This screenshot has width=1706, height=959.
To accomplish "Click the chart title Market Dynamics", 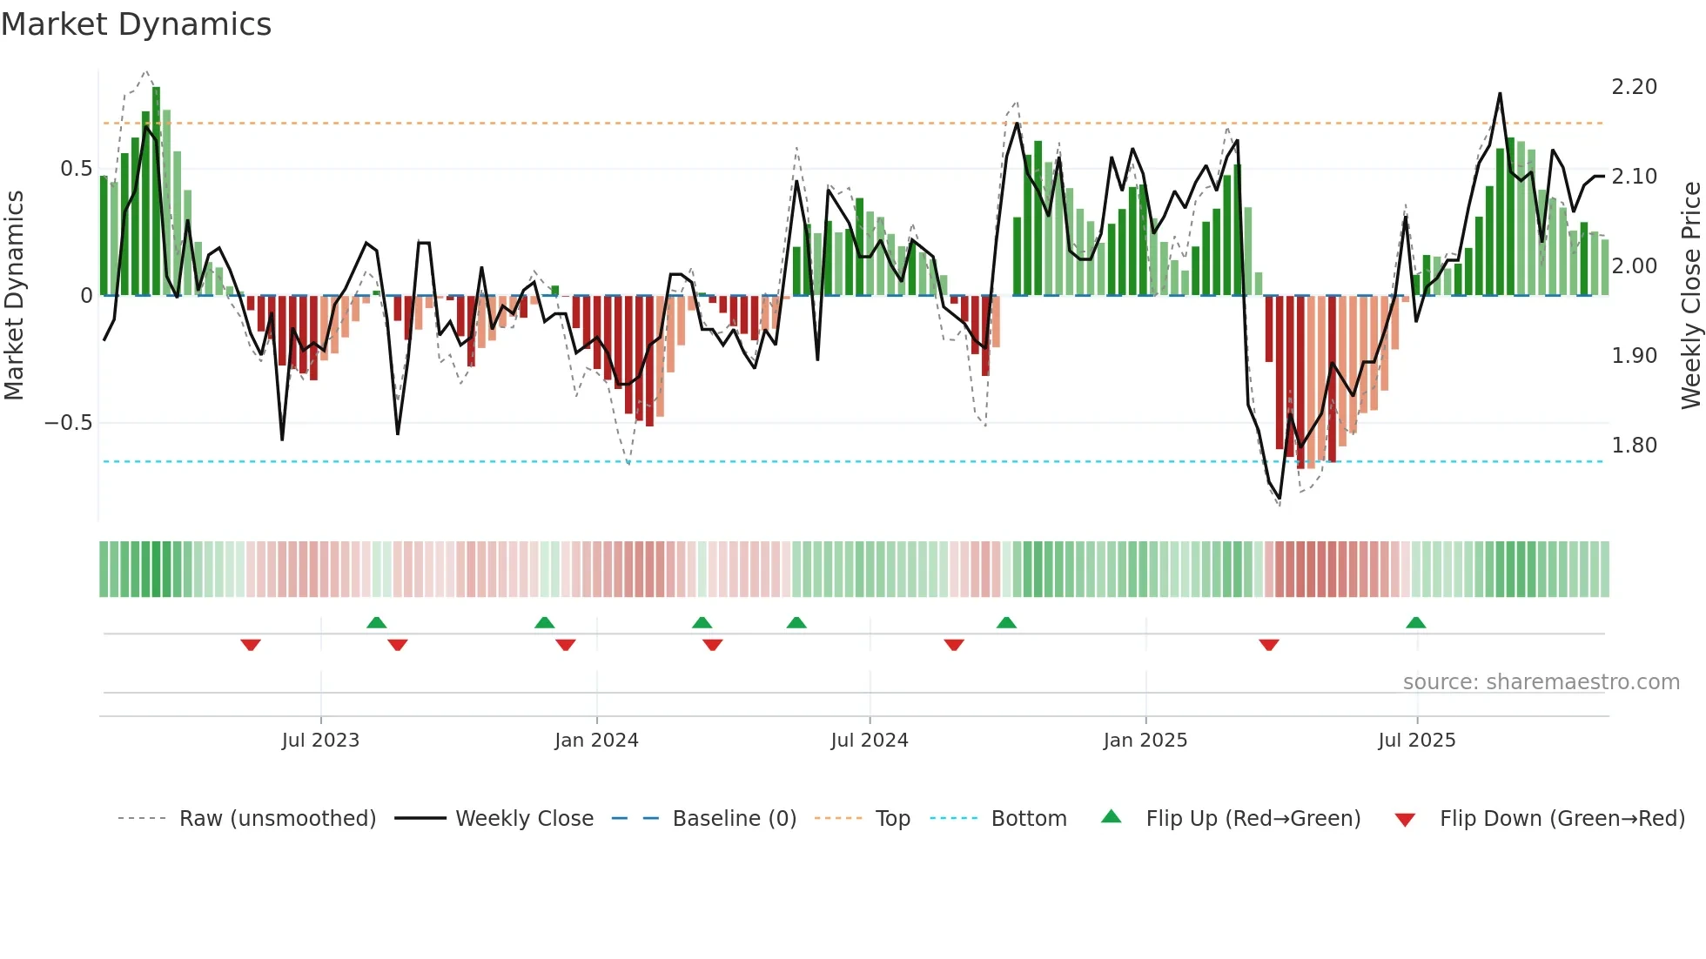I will pyautogui.click(x=136, y=24).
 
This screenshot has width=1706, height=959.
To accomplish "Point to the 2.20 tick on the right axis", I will pyautogui.click(x=1634, y=87).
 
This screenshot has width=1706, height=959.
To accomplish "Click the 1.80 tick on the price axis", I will pyautogui.click(x=1634, y=446).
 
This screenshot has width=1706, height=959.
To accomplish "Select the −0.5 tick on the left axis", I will pyautogui.click(x=68, y=423).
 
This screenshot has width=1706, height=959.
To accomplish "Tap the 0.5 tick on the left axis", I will pyautogui.click(x=76, y=169).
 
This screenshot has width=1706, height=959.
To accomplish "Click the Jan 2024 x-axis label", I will pyautogui.click(x=596, y=741).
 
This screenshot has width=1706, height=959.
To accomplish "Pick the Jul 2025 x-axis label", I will pyautogui.click(x=1416, y=741).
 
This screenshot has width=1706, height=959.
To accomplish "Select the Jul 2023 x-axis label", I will pyautogui.click(x=320, y=741).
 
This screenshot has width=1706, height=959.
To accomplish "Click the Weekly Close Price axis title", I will pyautogui.click(x=1690, y=295).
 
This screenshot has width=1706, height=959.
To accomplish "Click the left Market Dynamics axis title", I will pyautogui.click(x=14, y=295).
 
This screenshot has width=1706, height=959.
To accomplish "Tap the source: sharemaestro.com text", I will pyautogui.click(x=1541, y=682).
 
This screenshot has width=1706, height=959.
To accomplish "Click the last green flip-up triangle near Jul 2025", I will pyautogui.click(x=1415, y=623).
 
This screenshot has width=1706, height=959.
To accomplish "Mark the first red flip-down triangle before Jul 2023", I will pyautogui.click(x=251, y=645).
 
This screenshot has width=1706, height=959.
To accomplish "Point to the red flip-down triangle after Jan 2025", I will pyautogui.click(x=1268, y=645).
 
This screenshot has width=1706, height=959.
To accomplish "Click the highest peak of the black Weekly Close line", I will pyautogui.click(x=1500, y=94).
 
